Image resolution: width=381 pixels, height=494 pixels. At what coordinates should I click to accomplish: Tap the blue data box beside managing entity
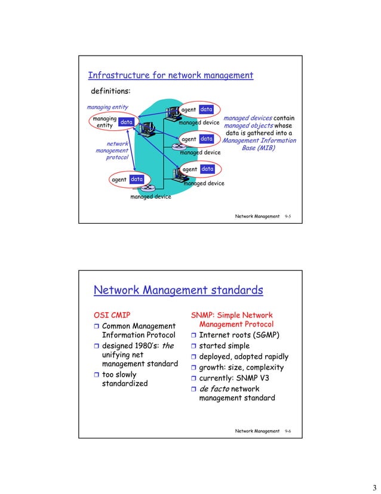tap(125, 122)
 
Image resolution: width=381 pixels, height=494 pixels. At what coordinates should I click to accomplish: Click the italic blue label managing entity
tap(107, 107)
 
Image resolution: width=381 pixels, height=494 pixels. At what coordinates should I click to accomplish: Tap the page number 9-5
tap(288, 214)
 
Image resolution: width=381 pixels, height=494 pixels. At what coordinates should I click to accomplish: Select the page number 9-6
tap(288, 431)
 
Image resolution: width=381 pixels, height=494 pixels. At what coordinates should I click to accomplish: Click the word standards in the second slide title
tap(231, 291)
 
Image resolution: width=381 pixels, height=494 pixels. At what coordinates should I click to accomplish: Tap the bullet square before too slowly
tap(97, 376)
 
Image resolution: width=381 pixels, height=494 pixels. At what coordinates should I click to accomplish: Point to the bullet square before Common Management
tap(97, 326)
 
